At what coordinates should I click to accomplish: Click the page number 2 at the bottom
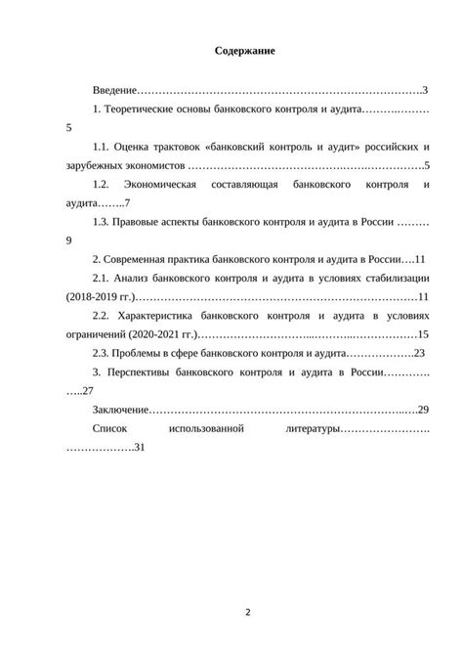(x=247, y=613)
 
